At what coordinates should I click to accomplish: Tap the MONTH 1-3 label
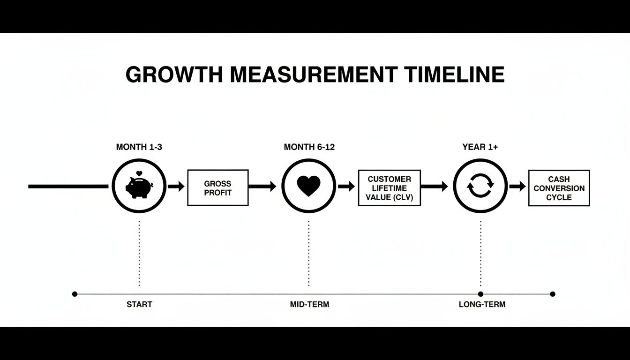click(139, 147)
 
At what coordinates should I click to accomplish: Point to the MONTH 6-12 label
click(309, 147)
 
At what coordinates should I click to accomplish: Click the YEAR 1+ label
click(480, 147)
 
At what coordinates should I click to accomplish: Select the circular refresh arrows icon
click(480, 186)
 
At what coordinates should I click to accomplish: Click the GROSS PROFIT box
click(218, 187)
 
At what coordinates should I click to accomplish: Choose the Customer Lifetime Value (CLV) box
click(389, 187)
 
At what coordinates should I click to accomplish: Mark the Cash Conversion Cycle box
click(559, 188)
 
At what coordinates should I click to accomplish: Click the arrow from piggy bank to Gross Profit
click(176, 187)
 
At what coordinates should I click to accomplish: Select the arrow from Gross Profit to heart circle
click(262, 187)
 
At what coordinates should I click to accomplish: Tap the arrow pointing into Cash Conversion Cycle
click(517, 187)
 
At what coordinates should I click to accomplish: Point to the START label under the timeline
click(139, 304)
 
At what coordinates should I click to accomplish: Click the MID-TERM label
click(309, 304)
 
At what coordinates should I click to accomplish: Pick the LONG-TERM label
click(482, 304)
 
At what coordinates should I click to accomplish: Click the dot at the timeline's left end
click(75, 294)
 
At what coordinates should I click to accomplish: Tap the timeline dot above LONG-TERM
click(480, 294)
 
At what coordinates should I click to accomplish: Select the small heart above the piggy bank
click(139, 174)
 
